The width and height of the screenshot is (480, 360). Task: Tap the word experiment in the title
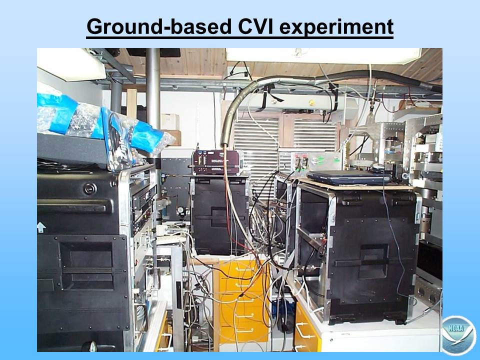(x=336, y=27)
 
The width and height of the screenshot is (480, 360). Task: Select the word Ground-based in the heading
(x=159, y=26)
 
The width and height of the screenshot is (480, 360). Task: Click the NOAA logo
(x=458, y=335)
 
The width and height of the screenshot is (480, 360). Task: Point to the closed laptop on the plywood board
(x=349, y=177)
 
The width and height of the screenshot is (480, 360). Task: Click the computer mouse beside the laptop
(x=378, y=167)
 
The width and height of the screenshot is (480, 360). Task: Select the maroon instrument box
(x=216, y=162)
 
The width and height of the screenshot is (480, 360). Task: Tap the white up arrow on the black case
(x=41, y=227)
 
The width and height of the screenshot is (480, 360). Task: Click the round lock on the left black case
(x=90, y=188)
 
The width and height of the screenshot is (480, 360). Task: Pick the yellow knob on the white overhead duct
(x=311, y=102)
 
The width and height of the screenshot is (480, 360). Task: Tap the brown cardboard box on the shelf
(x=174, y=137)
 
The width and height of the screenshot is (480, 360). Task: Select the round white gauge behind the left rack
(x=180, y=210)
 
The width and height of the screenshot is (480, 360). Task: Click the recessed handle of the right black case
(x=374, y=261)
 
